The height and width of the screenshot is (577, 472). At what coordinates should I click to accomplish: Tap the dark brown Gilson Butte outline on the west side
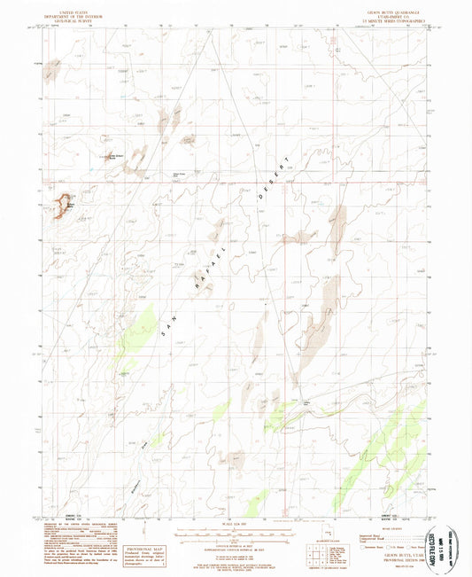coord(63,206)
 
